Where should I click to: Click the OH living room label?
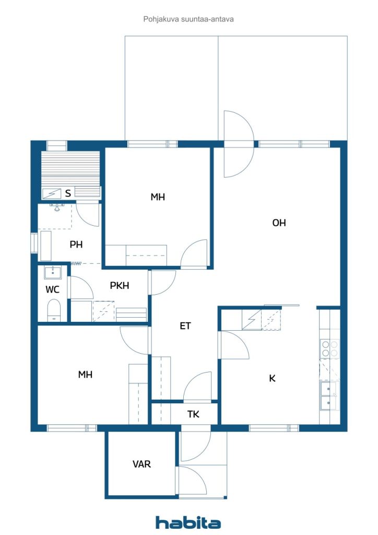(x=279, y=223)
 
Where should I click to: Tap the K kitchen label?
(x=272, y=378)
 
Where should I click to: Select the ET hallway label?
(x=185, y=326)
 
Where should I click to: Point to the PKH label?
(x=119, y=285)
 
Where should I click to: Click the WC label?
(x=53, y=289)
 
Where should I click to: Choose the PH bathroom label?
(x=76, y=245)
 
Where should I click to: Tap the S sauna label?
(x=68, y=193)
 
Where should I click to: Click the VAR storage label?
(x=141, y=464)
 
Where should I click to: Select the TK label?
(x=193, y=414)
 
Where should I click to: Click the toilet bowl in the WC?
(x=54, y=310)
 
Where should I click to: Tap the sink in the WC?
(x=53, y=273)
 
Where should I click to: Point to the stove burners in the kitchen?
(x=330, y=348)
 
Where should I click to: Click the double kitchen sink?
(x=328, y=396)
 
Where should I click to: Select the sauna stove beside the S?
(x=52, y=194)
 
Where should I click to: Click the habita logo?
(x=188, y=522)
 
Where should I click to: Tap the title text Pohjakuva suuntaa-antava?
(x=188, y=19)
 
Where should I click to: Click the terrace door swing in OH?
(x=239, y=144)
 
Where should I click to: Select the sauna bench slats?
(x=70, y=169)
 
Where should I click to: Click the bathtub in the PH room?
(x=45, y=246)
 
